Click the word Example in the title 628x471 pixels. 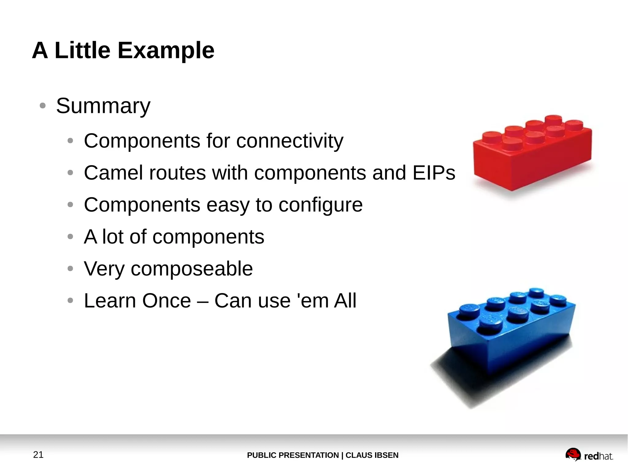(x=166, y=51)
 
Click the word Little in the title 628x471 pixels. (x=82, y=51)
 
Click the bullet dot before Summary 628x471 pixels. (x=43, y=106)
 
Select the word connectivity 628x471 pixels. (x=290, y=141)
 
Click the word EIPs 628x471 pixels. (x=434, y=173)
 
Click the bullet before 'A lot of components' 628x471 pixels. (x=70, y=237)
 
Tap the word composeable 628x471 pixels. (x=192, y=269)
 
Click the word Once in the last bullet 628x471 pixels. (x=167, y=301)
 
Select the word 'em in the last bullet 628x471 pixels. (x=312, y=301)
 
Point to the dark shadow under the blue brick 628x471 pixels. (x=460, y=377)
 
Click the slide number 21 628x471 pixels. (x=38, y=455)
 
